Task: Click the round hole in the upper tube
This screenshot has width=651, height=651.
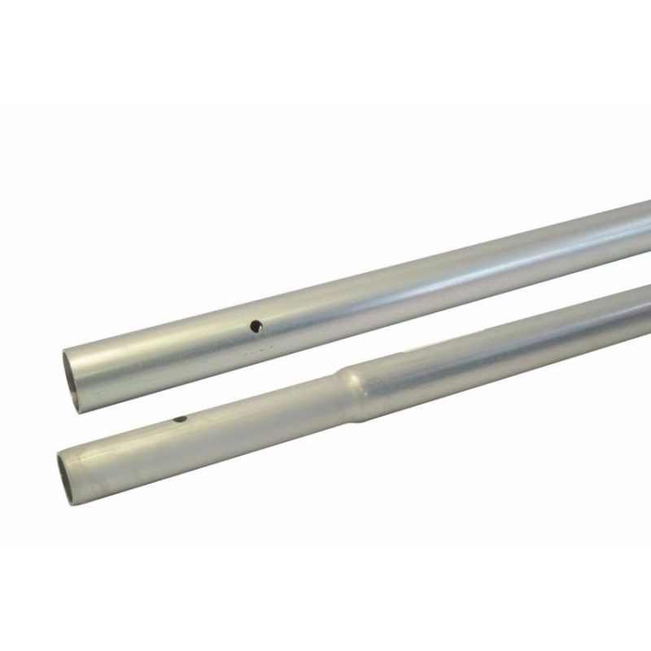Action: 256,327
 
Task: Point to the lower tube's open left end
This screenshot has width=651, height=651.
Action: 65,468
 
